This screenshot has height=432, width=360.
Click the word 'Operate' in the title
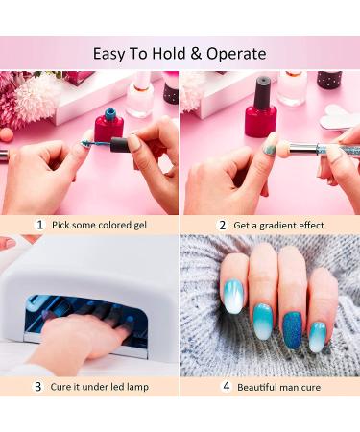click(x=233, y=53)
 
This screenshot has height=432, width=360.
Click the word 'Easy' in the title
click(x=110, y=53)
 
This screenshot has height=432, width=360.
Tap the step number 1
click(x=39, y=225)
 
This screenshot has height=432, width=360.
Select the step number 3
click(x=38, y=387)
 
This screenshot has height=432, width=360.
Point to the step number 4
click(x=228, y=387)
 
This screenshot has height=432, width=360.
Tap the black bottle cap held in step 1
click(x=119, y=145)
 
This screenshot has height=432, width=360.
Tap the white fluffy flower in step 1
click(x=36, y=96)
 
